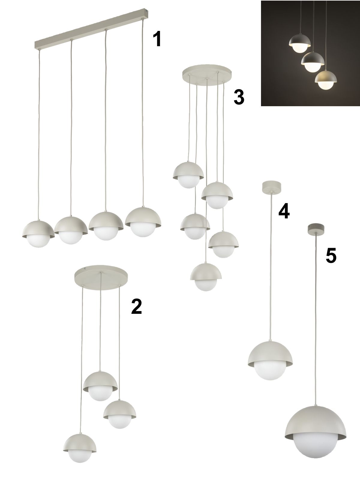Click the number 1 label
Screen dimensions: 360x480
(157, 39)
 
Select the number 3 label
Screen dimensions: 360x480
(239, 97)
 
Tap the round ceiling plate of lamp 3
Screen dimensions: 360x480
(207, 74)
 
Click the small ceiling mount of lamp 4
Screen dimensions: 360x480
(271, 187)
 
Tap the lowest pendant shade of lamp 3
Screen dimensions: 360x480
(206, 271)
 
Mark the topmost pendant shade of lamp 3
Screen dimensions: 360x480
(188, 171)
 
